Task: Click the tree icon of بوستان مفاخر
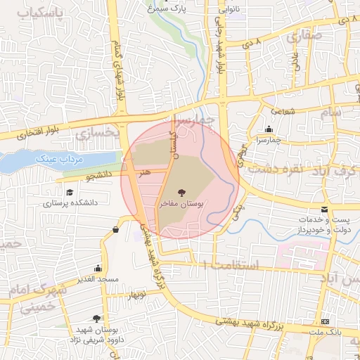tap(181, 191)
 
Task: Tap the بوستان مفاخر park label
tap(181, 203)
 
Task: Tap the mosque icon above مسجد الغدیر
tap(97, 269)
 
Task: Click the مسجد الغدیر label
tap(98, 279)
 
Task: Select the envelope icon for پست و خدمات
tap(324, 210)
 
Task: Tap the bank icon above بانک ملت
tap(324, 321)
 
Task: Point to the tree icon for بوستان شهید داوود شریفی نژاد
tap(86, 319)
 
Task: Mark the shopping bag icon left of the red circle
tap(115, 229)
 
